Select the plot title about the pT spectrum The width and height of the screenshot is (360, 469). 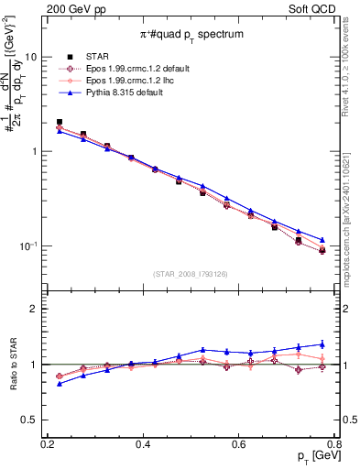191,34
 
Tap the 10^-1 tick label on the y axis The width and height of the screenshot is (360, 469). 29,246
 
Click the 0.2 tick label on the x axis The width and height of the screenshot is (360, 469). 48,444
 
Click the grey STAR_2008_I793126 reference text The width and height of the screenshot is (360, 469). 191,274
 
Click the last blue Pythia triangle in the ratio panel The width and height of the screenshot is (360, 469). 322,344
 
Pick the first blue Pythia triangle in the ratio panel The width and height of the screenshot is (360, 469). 60,384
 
